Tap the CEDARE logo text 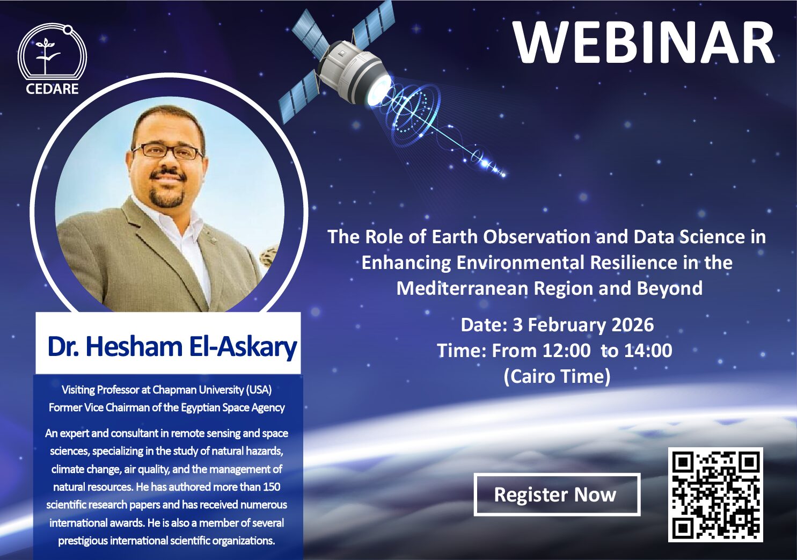[x=52, y=89]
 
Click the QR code [x=715, y=495]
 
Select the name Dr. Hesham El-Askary [x=172, y=346]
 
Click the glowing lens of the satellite [x=378, y=91]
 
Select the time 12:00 [x=566, y=351]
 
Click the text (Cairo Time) [x=557, y=376]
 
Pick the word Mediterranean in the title [x=462, y=288]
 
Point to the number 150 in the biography [x=272, y=486]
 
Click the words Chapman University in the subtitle [x=198, y=390]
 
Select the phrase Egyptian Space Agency [x=233, y=408]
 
